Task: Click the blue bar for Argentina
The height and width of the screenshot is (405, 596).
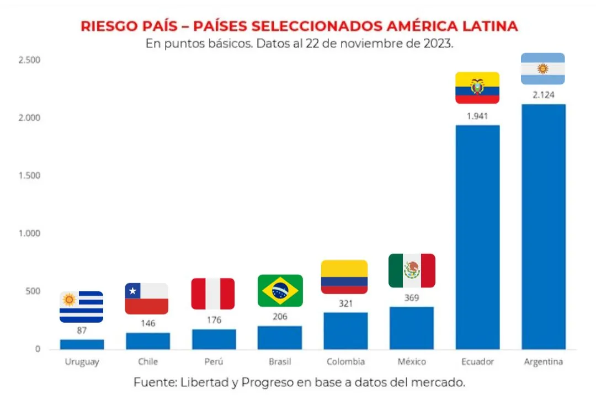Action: (543, 226)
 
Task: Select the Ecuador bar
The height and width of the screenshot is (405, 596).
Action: (477, 237)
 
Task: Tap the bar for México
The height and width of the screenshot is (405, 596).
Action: (412, 328)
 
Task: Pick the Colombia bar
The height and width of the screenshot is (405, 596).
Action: (345, 331)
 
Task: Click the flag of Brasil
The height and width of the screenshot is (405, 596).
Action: (280, 290)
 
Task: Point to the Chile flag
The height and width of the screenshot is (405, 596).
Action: (147, 299)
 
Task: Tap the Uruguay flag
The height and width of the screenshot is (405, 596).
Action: (81, 307)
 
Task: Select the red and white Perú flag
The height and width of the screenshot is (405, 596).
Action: (213, 294)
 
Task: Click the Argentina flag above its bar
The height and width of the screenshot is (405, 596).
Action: (543, 68)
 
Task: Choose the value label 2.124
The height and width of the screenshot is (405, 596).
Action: (543, 95)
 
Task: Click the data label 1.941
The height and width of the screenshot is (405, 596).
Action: (477, 116)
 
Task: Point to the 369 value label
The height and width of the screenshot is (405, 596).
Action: (412, 298)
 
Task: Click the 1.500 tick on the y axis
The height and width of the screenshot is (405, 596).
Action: (29, 175)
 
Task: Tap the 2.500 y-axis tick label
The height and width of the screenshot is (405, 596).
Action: (29, 60)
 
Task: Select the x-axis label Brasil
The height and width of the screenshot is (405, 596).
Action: (280, 362)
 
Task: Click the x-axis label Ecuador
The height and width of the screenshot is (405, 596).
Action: (477, 362)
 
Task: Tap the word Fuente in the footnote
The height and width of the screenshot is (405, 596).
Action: (153, 382)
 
